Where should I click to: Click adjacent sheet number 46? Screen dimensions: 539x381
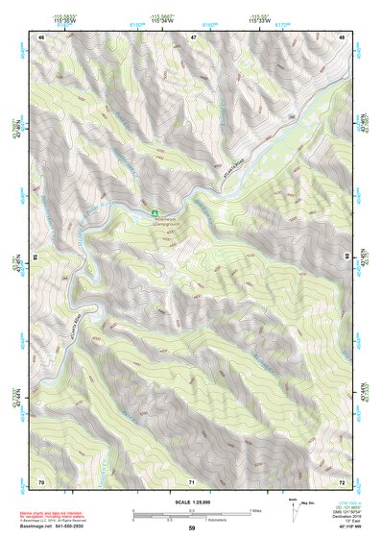click(x=41, y=37)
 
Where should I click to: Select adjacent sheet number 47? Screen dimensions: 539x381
click(x=193, y=37)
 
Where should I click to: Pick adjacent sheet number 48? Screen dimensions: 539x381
click(x=343, y=37)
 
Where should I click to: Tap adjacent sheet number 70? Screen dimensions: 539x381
click(x=41, y=479)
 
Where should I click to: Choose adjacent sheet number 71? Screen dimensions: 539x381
click(x=193, y=479)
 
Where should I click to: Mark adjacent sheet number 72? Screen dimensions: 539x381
click(x=343, y=479)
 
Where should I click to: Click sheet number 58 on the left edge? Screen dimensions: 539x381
click(x=36, y=257)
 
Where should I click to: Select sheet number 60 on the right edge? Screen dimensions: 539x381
click(x=347, y=257)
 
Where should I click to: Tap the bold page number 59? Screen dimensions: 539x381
click(x=192, y=528)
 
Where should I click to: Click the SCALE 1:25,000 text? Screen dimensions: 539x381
click(x=192, y=502)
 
